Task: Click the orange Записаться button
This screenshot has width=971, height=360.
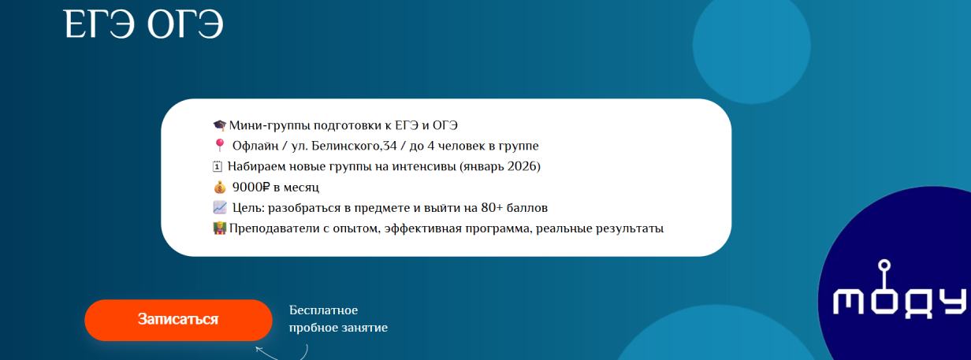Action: click(178, 320)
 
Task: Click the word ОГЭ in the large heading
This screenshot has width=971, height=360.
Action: click(184, 24)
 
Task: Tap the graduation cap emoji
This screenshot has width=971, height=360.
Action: click(220, 125)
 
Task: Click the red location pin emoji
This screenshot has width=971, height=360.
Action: click(220, 146)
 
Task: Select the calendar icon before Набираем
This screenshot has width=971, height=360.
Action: click(219, 167)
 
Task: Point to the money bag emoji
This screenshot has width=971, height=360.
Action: click(220, 187)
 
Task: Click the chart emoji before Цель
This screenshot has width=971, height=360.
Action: click(220, 208)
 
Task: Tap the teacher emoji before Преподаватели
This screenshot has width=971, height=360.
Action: click(220, 229)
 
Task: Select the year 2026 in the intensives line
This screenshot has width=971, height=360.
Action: click(521, 166)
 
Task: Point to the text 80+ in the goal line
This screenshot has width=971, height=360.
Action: click(495, 208)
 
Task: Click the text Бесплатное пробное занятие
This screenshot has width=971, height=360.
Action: click(338, 318)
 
